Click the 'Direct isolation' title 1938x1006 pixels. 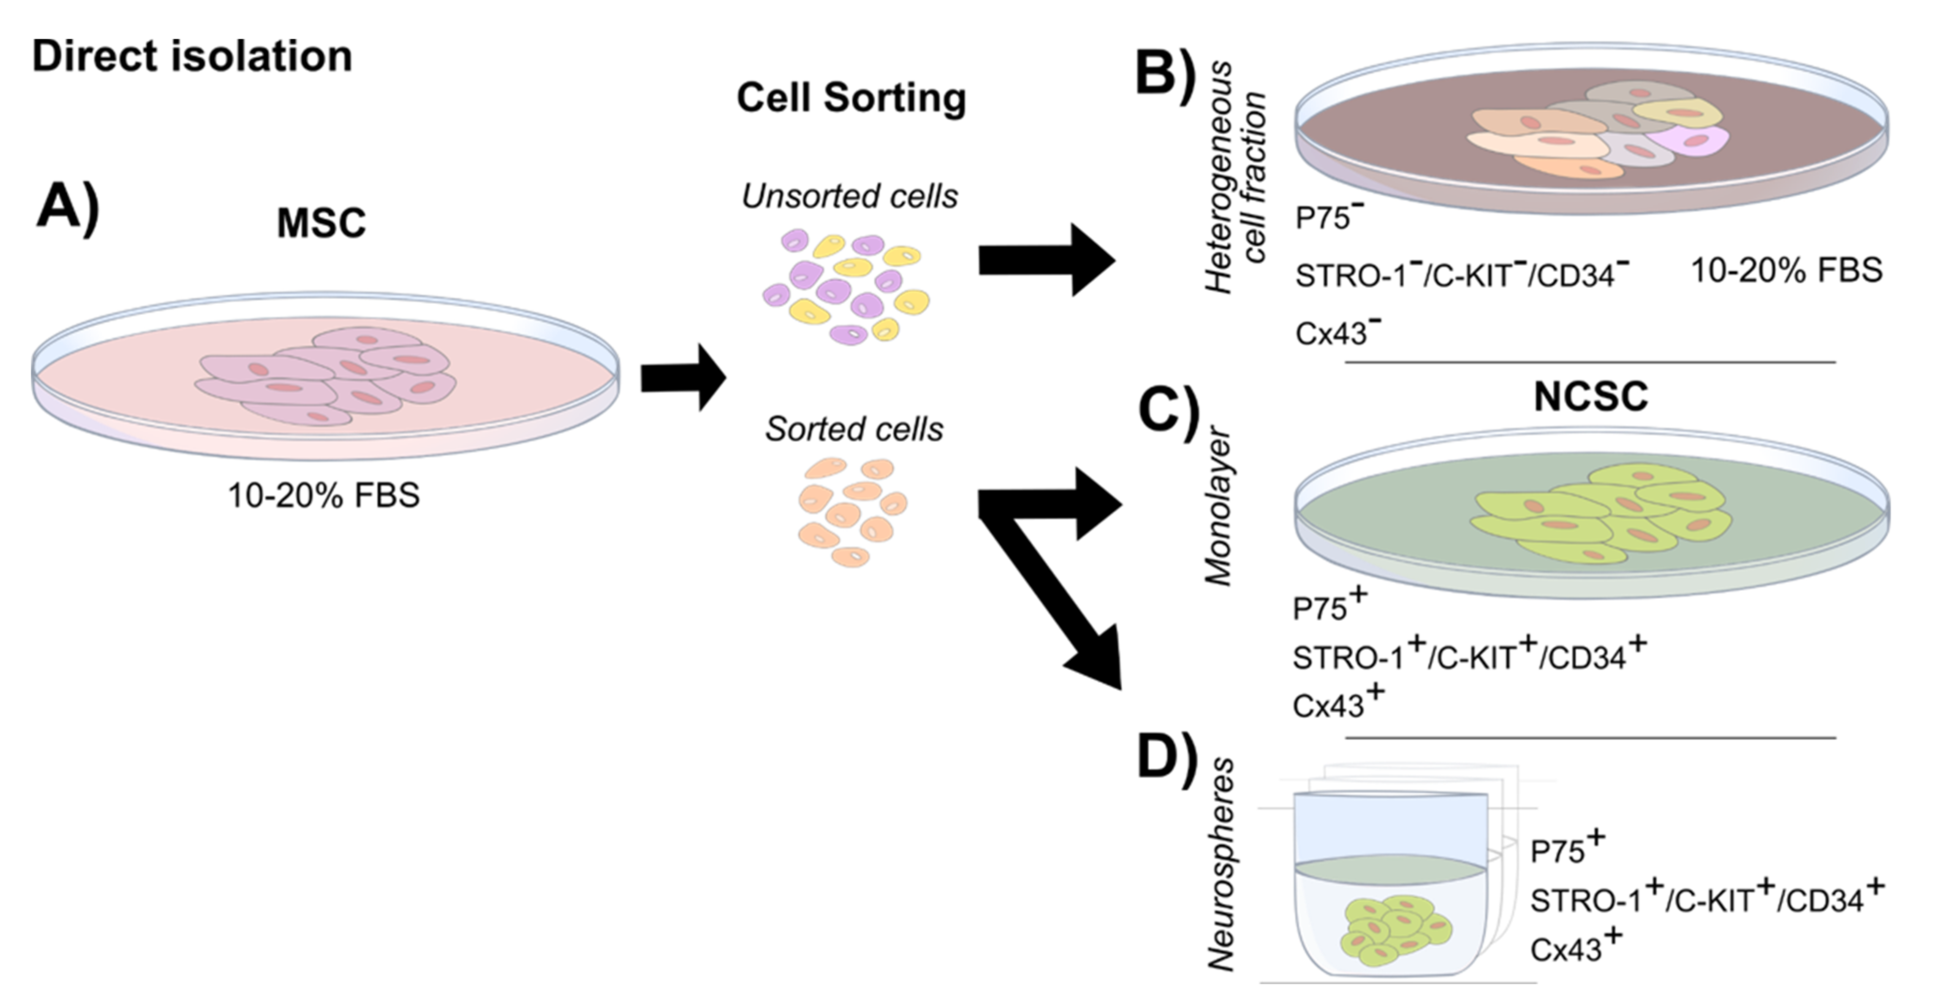click(192, 57)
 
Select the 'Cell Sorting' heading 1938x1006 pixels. click(851, 98)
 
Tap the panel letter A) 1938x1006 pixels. click(67, 207)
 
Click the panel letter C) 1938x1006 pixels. click(1169, 413)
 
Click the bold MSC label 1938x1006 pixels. click(321, 223)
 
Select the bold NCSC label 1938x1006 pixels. click(1590, 396)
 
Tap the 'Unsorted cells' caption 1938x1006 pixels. click(849, 196)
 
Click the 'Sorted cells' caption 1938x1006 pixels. click(854, 429)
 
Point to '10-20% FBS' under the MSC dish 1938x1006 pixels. click(323, 496)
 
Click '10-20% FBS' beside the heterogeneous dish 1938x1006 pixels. click(1786, 270)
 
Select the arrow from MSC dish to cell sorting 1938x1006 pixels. click(683, 377)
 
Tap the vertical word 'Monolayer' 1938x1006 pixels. click(1218, 508)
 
